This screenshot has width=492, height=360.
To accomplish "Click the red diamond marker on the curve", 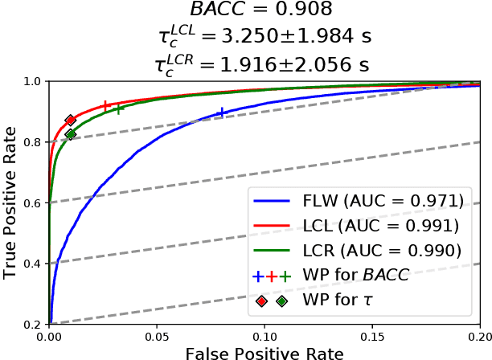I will pyautogui.click(x=71, y=120).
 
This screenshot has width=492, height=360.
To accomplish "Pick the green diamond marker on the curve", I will pyautogui.click(x=71, y=134).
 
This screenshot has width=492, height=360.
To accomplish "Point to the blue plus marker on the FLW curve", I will pyautogui.click(x=222, y=113).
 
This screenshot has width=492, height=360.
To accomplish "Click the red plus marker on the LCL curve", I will pyautogui.click(x=105, y=105).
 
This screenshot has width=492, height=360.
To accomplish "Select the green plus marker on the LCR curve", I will pyautogui.click(x=118, y=108).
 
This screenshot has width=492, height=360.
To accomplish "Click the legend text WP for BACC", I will pyautogui.click(x=355, y=276).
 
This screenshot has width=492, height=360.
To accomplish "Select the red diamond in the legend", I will pyautogui.click(x=261, y=301).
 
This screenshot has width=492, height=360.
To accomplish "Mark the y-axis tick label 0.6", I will pyautogui.click(x=32, y=202).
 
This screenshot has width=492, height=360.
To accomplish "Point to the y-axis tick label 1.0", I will pyautogui.click(x=32, y=81).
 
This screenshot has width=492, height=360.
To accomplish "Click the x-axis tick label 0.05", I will pyautogui.click(x=157, y=337).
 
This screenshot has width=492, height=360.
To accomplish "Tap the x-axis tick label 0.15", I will pyautogui.click(x=372, y=337).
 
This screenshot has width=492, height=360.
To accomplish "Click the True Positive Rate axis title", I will pyautogui.click(x=10, y=202).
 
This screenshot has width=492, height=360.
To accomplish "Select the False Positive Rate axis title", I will pyautogui.click(x=264, y=354).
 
